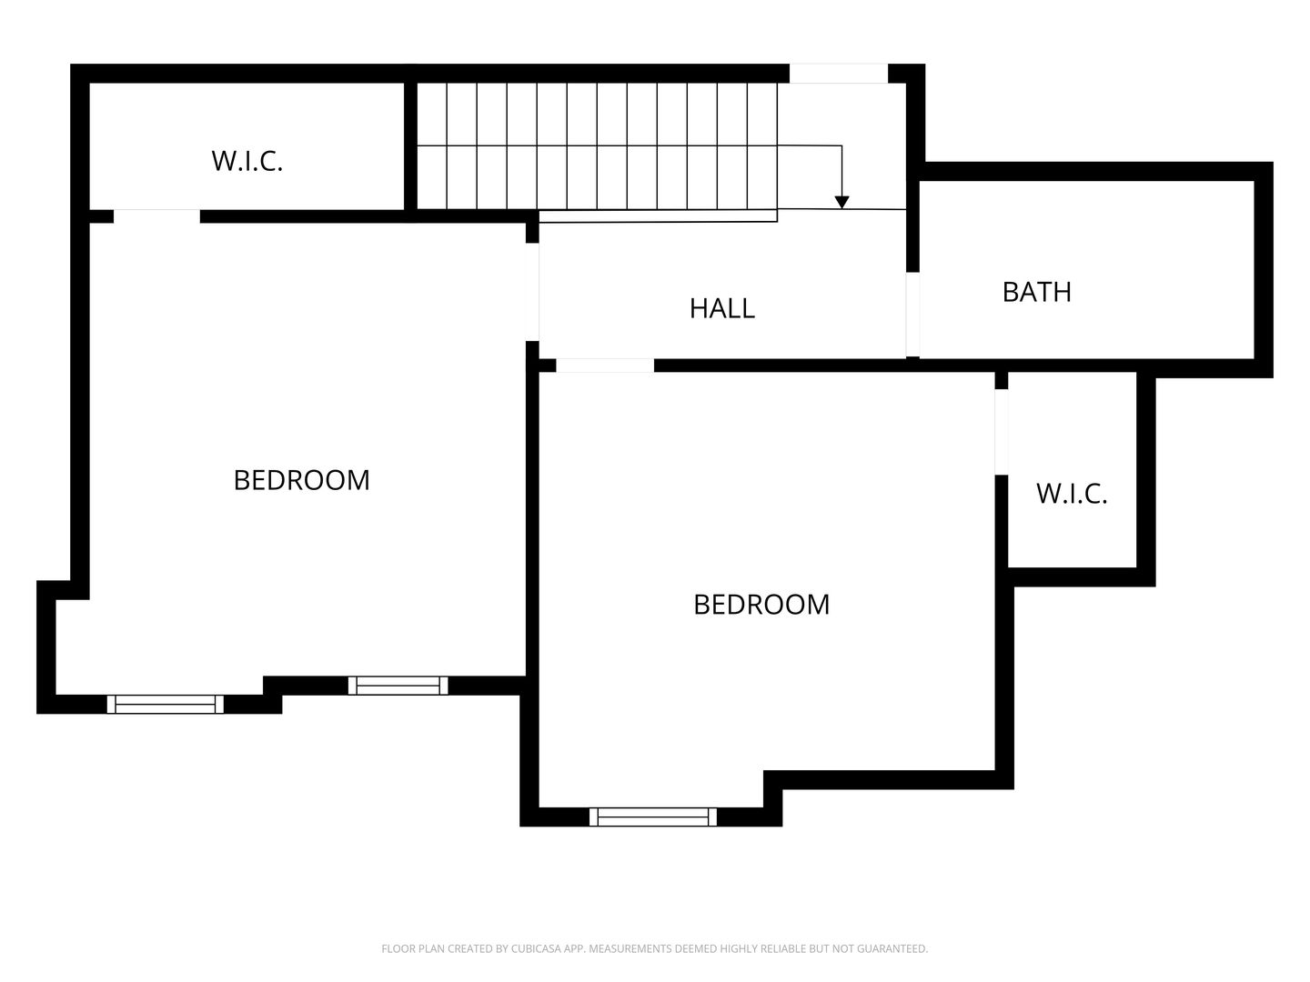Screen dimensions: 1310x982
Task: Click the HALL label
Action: pos(721,309)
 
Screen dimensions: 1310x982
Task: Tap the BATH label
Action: pos(1036,292)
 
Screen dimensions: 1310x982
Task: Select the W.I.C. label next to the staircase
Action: pos(247,161)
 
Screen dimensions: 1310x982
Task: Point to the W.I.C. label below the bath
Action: pos(1072,494)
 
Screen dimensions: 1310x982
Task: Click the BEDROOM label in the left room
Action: pos(301,480)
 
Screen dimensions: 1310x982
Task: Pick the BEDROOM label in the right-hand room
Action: pos(761,605)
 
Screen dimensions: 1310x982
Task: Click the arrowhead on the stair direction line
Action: pos(841,202)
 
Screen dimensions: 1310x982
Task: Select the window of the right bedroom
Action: pos(652,817)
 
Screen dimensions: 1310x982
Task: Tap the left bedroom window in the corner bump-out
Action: pos(166,704)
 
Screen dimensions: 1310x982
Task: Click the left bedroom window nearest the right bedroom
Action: pos(398,686)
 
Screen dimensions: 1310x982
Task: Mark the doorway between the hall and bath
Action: pos(912,315)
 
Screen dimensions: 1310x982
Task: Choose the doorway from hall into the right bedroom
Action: pos(605,366)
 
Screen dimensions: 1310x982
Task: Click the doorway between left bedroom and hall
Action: pos(532,292)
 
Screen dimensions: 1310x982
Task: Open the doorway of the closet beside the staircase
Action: pos(156,215)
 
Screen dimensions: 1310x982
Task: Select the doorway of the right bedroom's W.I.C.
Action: pos(1001,432)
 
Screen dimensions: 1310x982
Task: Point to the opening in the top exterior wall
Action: pos(839,74)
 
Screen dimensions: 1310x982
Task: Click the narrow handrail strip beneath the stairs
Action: pos(658,215)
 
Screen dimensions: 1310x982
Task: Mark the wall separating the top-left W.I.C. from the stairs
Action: pos(410,146)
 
